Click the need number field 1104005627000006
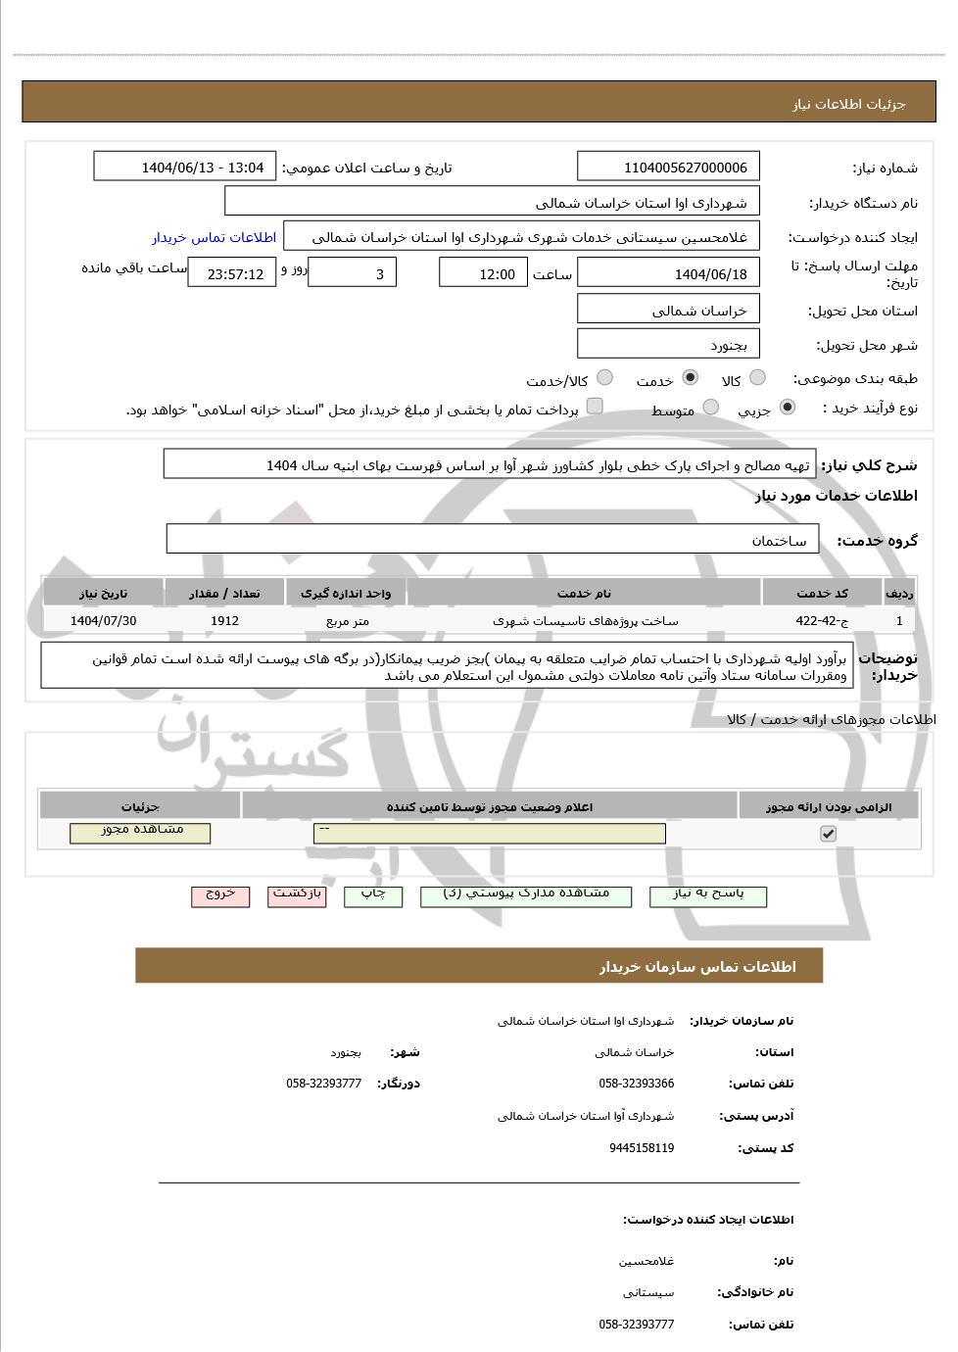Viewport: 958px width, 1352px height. (669, 168)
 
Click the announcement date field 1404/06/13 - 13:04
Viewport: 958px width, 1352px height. (185, 168)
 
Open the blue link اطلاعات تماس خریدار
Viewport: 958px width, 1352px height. (214, 237)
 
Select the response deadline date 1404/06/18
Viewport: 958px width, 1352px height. (669, 274)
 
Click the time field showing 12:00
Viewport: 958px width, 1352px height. (483, 274)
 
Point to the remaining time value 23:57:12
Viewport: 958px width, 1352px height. (232, 274)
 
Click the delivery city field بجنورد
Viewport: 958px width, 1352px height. (669, 345)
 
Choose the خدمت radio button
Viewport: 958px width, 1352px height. (691, 378)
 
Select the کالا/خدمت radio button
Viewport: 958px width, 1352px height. (604, 378)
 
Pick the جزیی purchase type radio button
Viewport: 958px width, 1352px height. (788, 408)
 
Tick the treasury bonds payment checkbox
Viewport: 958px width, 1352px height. (595, 407)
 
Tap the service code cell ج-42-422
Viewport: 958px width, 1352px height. (822, 621)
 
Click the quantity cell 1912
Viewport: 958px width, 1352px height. (224, 621)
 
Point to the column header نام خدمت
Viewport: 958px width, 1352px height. (584, 594)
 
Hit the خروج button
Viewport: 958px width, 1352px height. (220, 894)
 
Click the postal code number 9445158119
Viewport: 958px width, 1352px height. (642, 1148)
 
